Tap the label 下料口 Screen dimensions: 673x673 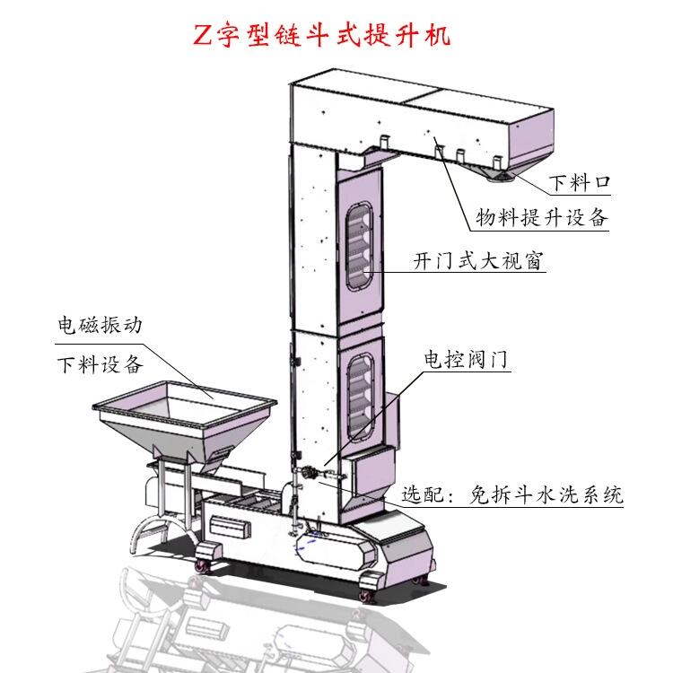579,183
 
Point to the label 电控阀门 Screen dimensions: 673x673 466,360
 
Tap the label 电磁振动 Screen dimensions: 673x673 99,325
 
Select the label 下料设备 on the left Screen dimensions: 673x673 99,365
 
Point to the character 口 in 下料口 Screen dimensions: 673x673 602,183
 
